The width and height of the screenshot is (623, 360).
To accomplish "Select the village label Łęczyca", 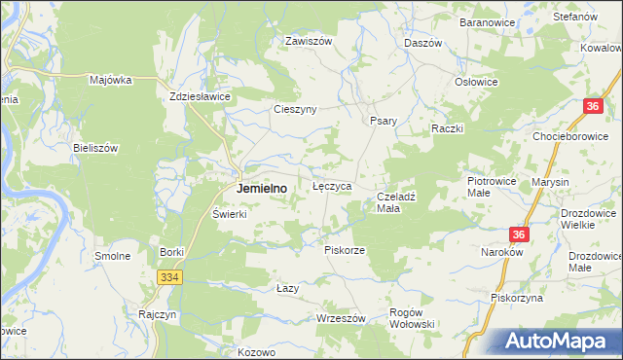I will (x=331, y=185).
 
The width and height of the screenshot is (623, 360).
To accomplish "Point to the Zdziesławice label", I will (x=199, y=97).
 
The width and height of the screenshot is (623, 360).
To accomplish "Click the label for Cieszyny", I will (x=295, y=109).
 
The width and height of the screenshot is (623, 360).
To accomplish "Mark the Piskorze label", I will (x=344, y=250).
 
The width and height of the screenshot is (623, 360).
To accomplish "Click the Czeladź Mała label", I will (x=396, y=202).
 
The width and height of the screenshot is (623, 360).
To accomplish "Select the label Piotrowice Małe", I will (x=491, y=187).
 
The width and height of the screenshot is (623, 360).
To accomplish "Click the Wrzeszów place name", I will (x=341, y=318).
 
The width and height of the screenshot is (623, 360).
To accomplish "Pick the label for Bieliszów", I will (x=95, y=148).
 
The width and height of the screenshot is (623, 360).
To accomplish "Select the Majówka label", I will (x=110, y=81).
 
